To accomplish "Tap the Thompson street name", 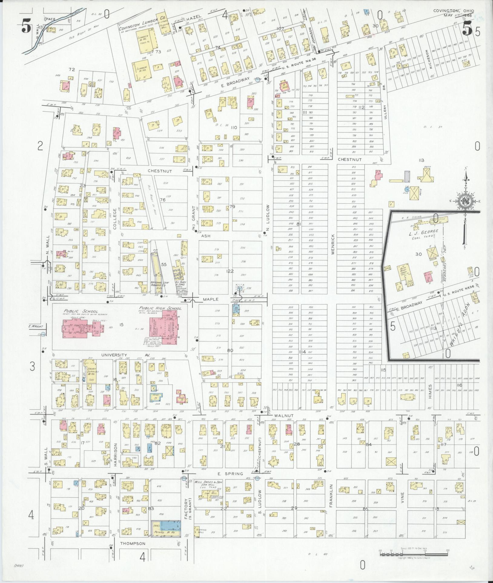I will (133, 543).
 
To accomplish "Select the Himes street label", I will (430, 391).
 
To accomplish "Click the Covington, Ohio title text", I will (453, 11).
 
